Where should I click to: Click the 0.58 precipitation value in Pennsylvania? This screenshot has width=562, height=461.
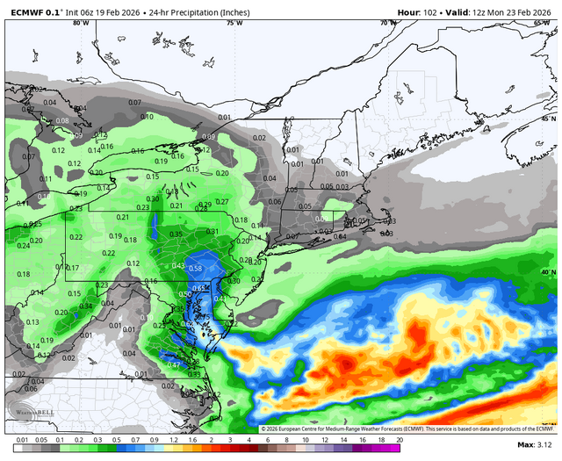pyautogui.click(x=195, y=268)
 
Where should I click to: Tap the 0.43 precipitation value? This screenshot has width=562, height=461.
pyautogui.click(x=178, y=266)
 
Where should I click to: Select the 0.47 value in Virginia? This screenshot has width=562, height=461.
pyautogui.click(x=174, y=364)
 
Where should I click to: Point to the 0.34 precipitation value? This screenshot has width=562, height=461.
pyautogui.click(x=86, y=306)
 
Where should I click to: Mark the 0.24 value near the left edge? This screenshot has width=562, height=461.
pyautogui.click(x=23, y=246)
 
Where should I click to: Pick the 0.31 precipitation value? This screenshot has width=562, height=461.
pyautogui.click(x=212, y=232)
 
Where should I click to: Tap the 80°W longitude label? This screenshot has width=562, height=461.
pyautogui.click(x=81, y=23)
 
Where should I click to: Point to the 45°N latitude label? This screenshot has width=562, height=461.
pyautogui.click(x=548, y=118)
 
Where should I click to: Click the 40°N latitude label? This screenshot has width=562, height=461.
pyautogui.click(x=548, y=272)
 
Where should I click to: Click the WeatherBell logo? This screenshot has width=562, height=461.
pyautogui.click(x=26, y=414)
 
